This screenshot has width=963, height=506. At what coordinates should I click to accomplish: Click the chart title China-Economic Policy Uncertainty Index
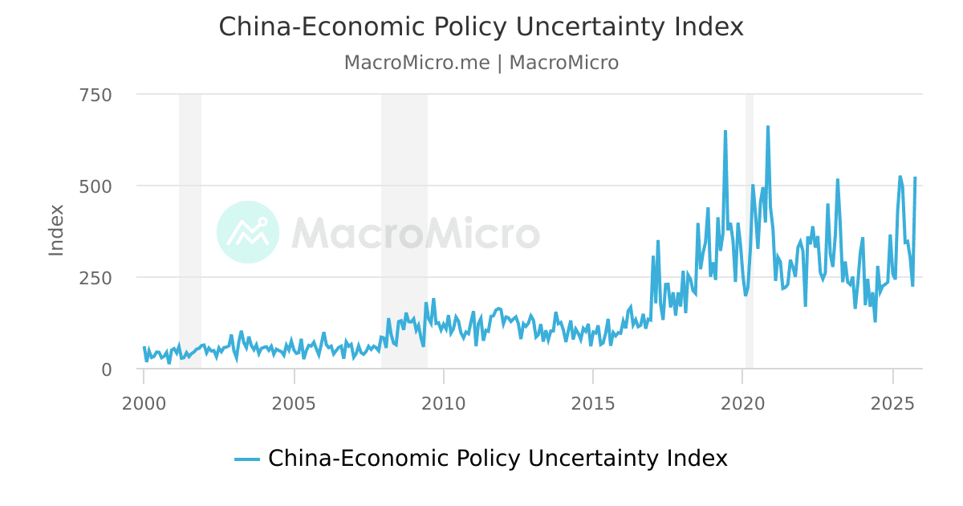481,27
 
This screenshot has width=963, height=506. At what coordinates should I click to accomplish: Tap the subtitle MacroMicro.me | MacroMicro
481,63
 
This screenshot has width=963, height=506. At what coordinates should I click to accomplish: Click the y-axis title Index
56,231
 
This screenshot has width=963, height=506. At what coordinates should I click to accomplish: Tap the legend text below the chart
498,459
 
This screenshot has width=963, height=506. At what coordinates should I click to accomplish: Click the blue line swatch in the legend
247,459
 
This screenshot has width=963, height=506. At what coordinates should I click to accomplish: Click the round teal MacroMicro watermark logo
248,232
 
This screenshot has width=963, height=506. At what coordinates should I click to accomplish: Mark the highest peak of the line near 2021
768,127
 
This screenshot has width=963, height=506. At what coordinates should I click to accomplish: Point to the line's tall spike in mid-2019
725,132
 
